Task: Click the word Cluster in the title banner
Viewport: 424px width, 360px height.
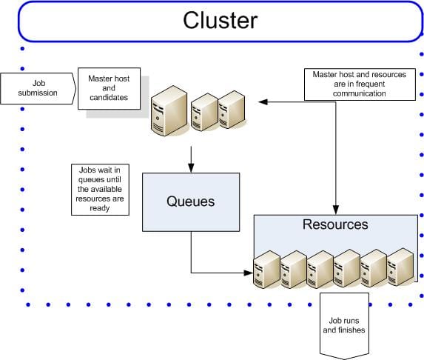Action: tap(221, 20)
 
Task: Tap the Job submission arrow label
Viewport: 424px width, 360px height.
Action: tap(38, 88)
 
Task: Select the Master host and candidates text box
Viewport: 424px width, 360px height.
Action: tap(109, 89)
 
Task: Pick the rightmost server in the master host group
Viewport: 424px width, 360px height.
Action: tap(231, 109)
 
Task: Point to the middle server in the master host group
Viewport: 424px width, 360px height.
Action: tap(204, 112)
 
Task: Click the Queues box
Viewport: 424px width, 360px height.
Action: tap(191, 202)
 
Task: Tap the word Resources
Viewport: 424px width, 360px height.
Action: tap(335, 224)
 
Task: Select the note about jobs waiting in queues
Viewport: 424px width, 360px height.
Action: tap(99, 189)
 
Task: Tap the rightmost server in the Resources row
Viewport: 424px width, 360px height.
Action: tap(400, 267)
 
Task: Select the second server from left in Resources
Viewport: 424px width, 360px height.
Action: tap(293, 270)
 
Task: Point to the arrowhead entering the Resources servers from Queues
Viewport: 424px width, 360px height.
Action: tap(249, 272)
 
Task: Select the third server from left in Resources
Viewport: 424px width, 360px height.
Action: tap(320, 270)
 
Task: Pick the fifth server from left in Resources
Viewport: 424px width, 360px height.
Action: tap(374, 268)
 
